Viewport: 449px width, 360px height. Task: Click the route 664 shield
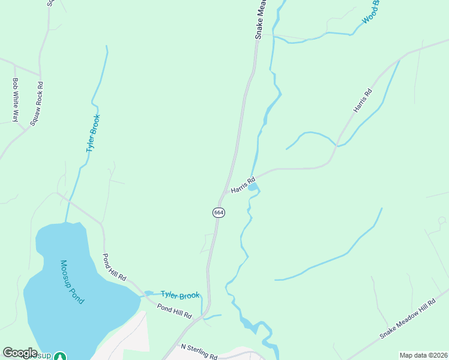(x=218, y=213)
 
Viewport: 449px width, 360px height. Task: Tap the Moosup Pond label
(x=72, y=281)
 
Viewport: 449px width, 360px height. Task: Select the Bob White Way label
(x=16, y=99)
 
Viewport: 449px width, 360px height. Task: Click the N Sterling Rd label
(x=199, y=351)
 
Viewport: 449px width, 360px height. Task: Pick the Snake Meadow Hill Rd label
(x=406, y=319)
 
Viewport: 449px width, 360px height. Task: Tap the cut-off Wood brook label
(x=371, y=12)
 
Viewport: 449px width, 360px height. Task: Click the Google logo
(x=20, y=353)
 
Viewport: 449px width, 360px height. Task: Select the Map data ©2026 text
(x=423, y=355)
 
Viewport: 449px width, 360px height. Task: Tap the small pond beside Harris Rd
(x=253, y=188)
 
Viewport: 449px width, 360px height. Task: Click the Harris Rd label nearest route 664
(x=243, y=184)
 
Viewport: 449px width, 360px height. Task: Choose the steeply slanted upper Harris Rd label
(x=363, y=100)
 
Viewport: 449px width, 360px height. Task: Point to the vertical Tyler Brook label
(x=93, y=133)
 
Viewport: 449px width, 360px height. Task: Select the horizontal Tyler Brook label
(x=179, y=295)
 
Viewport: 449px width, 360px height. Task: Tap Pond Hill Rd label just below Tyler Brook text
(x=174, y=310)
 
